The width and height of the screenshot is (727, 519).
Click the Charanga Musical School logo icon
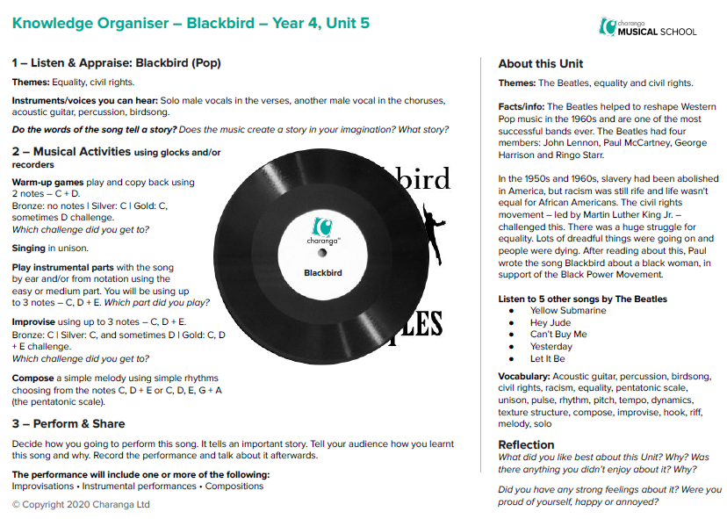click(607, 26)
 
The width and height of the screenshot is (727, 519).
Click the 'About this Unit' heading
click(540, 64)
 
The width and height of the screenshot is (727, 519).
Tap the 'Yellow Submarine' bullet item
click(567, 310)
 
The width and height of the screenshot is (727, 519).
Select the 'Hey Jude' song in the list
click(550, 322)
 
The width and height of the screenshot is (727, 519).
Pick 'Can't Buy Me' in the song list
click(558, 335)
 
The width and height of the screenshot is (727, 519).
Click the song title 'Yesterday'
click(551, 347)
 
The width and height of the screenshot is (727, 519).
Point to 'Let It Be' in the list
click(547, 359)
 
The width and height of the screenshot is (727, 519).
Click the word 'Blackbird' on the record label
click(322, 272)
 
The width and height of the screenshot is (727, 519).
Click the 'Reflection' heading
click(526, 444)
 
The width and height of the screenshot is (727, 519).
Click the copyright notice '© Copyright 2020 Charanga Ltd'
click(81, 505)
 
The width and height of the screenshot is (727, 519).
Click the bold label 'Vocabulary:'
click(524, 377)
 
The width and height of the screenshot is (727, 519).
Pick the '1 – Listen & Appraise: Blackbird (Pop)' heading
click(116, 63)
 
